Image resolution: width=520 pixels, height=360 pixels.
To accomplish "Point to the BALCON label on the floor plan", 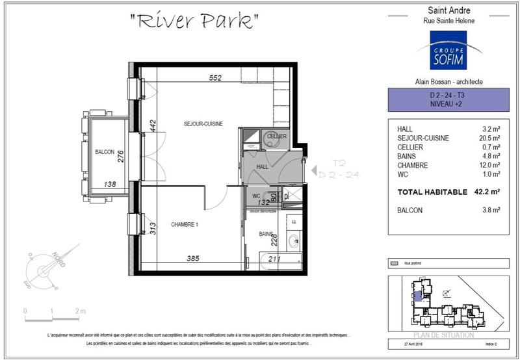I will [105, 151].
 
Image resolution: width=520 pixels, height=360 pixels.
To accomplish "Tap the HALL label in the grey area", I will [263, 167].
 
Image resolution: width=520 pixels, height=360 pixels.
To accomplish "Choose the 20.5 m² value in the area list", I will [487, 138].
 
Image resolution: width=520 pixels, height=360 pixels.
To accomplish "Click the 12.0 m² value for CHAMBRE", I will [487, 165].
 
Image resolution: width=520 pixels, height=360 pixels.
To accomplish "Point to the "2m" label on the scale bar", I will [81, 311].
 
